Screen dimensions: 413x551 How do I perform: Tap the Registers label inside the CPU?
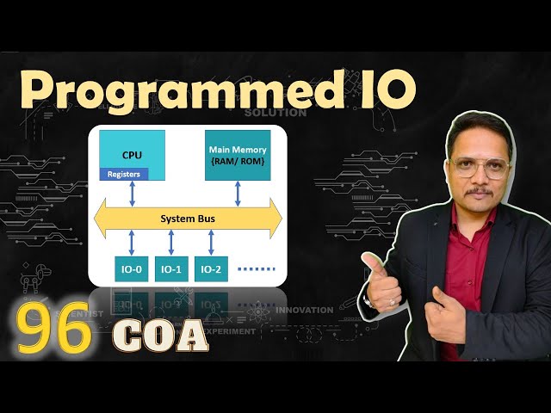coord(124,174)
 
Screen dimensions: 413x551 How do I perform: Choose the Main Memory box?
coord(238,155)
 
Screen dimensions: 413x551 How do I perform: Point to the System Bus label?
coord(188,219)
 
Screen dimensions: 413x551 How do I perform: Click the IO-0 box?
coord(132,269)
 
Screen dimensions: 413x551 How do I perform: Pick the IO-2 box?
coord(211,269)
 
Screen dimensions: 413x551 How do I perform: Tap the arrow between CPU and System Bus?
coord(132,194)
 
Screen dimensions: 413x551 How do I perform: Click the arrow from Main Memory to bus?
coord(238,194)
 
